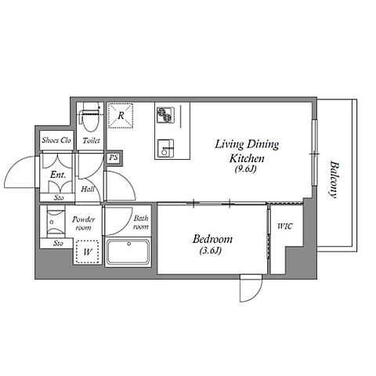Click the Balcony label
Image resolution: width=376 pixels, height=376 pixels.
334,179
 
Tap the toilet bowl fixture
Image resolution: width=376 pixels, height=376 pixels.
91,117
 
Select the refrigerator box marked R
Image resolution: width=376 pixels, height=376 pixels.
121,116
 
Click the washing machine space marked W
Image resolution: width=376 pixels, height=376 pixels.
88,251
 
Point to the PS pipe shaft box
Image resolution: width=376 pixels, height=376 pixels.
114,157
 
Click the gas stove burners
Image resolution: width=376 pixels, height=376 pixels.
164,115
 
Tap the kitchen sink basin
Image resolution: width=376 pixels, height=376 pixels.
165,149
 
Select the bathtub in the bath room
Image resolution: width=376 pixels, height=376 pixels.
128,252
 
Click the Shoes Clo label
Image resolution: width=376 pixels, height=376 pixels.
56,140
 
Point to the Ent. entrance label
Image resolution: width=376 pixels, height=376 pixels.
58,175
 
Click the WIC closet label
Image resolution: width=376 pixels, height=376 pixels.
285,226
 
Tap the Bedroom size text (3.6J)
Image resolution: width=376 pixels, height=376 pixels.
211,251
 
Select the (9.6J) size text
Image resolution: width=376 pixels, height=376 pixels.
245,169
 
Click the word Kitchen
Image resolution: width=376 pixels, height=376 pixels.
247,158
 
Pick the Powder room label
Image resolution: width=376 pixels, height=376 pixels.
84,223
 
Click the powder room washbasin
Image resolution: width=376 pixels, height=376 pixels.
55,222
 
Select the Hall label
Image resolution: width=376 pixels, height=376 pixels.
88,189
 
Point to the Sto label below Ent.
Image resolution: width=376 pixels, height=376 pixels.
59,197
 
